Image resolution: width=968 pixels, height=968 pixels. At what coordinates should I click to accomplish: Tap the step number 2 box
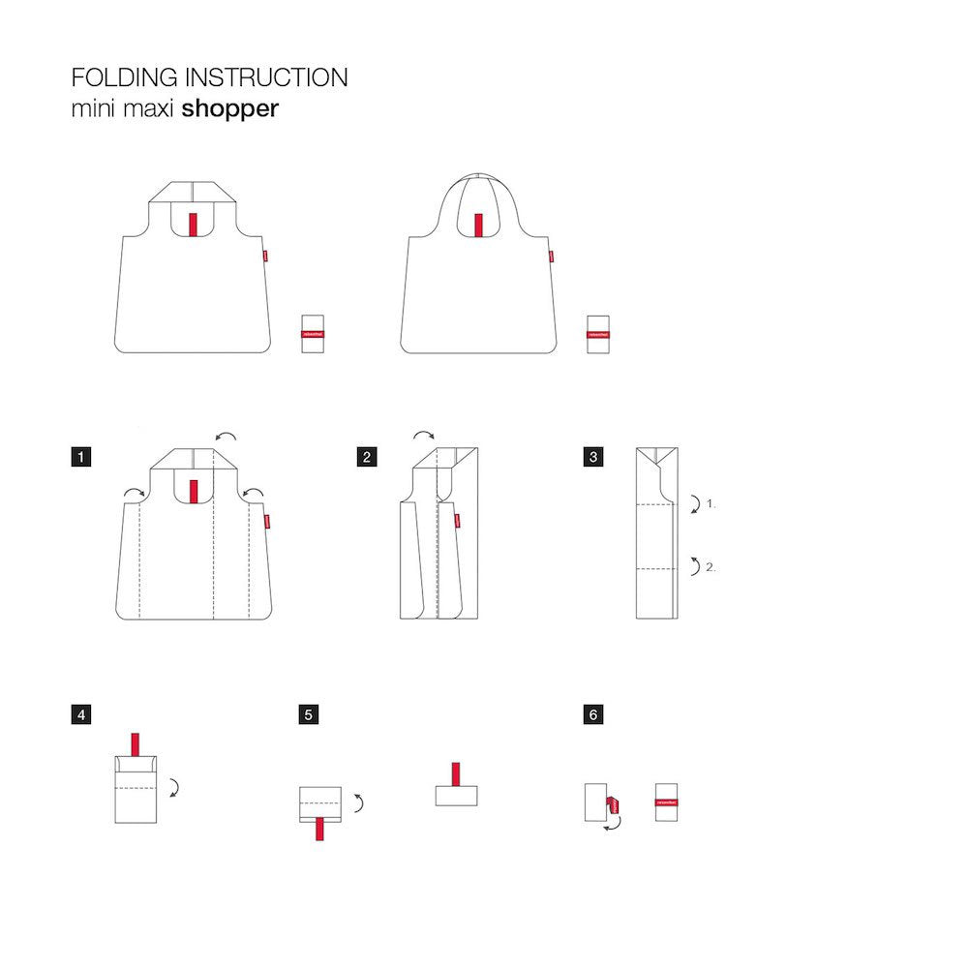click(x=366, y=457)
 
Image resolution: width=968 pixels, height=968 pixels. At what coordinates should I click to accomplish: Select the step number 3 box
click(x=593, y=457)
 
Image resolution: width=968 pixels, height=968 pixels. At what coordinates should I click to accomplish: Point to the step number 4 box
click(x=82, y=715)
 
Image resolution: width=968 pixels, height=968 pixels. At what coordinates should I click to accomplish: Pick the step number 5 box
click(x=309, y=715)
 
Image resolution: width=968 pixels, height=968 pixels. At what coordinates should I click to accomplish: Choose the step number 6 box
click(x=593, y=715)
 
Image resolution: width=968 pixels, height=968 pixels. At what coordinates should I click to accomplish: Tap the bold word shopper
click(x=229, y=108)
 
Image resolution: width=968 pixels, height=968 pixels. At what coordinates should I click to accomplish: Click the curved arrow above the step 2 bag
click(x=424, y=437)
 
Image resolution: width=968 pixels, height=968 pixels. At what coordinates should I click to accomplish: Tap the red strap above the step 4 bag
click(x=135, y=745)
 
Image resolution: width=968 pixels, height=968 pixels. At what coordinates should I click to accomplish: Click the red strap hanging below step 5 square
click(x=319, y=829)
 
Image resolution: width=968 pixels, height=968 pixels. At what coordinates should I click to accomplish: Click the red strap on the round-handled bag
click(x=477, y=224)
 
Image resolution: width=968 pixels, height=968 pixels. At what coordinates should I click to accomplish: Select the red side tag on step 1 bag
click(x=267, y=521)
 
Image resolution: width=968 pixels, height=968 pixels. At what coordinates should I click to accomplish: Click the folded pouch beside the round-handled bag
click(x=596, y=334)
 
